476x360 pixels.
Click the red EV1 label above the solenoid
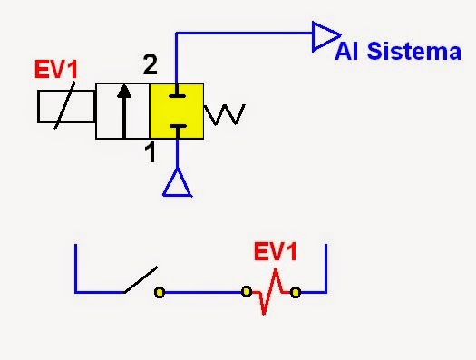[x=57, y=70]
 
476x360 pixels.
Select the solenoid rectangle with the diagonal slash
[x=65, y=107]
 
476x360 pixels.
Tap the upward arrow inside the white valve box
[x=123, y=110]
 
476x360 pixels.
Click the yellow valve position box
[x=177, y=111]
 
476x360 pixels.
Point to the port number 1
[x=151, y=154]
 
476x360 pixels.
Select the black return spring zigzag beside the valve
[x=225, y=114]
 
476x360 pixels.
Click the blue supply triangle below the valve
[x=176, y=183]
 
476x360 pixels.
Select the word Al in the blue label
[x=345, y=53]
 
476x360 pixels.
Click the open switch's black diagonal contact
[x=141, y=280]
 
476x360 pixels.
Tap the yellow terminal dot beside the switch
[x=159, y=293]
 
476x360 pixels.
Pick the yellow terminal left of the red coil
[x=246, y=292]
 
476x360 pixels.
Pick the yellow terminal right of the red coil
[x=296, y=292]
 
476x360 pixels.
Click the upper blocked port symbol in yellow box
[x=176, y=94]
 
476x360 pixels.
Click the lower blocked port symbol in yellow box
[x=176, y=128]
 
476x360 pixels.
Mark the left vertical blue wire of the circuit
[x=75, y=268]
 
